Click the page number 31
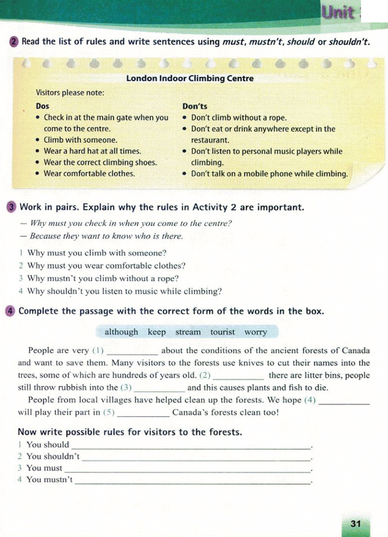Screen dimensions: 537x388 pyautogui.click(x=355, y=524)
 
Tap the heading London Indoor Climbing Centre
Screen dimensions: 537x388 pyautogui.click(x=190, y=78)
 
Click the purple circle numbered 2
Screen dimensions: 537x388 pyautogui.click(x=14, y=41)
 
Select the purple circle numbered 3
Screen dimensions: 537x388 pyautogui.click(x=12, y=207)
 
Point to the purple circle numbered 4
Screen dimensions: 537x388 pyautogui.click(x=11, y=311)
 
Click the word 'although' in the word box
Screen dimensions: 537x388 pyautogui.click(x=121, y=332)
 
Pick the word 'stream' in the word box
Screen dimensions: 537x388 pyautogui.click(x=188, y=332)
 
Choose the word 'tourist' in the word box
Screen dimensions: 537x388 pyautogui.click(x=222, y=332)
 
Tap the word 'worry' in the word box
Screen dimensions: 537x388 pyautogui.click(x=255, y=332)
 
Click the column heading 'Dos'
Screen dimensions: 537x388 pyautogui.click(x=42, y=106)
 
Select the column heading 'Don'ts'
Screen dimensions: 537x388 pyautogui.click(x=195, y=106)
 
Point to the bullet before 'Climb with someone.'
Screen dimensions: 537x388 pyautogui.click(x=38, y=140)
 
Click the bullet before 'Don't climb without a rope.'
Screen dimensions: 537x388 pyautogui.click(x=185, y=118)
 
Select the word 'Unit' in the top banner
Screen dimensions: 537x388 pyautogui.click(x=338, y=13)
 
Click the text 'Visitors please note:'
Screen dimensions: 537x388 pyautogui.click(x=70, y=93)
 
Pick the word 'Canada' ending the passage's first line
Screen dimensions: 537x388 pyautogui.click(x=355, y=350)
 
